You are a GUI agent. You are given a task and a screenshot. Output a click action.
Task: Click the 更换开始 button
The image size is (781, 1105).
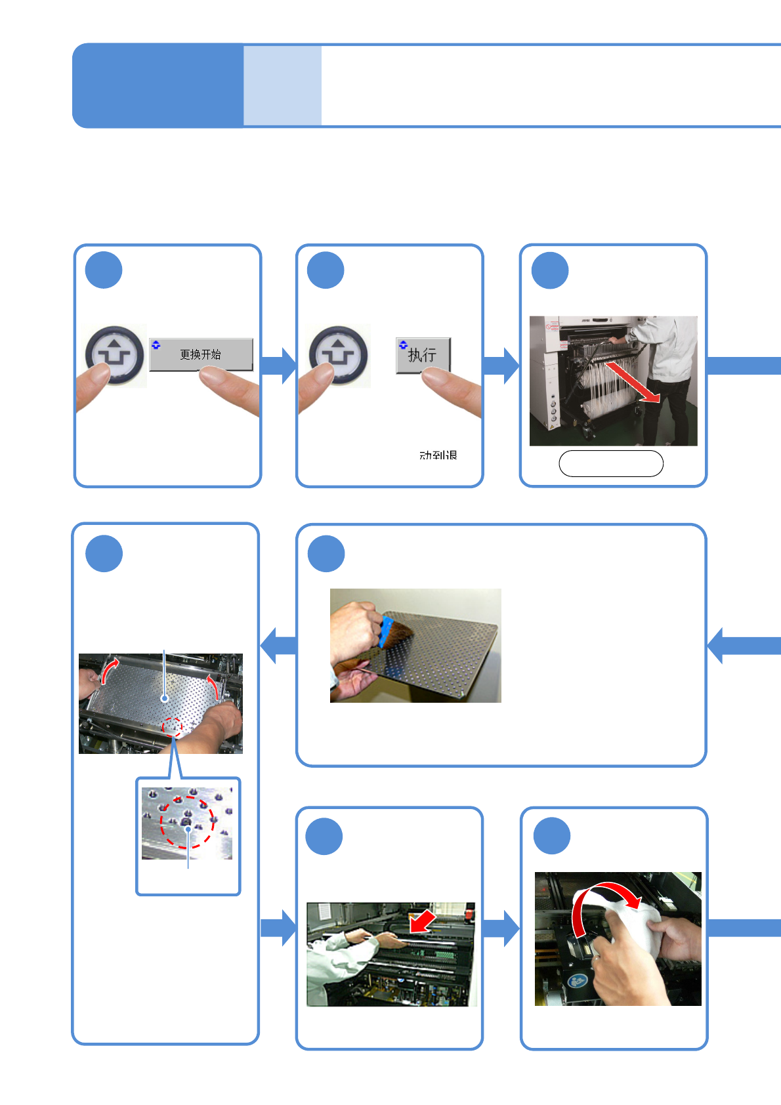point(201,354)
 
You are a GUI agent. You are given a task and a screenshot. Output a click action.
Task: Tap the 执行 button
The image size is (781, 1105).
point(423,355)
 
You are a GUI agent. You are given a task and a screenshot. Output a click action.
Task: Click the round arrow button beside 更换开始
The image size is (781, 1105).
point(115,354)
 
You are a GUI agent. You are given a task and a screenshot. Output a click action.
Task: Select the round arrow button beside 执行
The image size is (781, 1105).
point(339,354)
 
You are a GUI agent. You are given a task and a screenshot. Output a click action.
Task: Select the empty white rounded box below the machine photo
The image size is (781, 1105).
point(610,463)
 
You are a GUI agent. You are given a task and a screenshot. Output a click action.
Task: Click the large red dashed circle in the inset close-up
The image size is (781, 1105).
point(187,822)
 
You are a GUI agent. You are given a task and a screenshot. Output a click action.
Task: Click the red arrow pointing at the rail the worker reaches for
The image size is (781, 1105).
point(421,921)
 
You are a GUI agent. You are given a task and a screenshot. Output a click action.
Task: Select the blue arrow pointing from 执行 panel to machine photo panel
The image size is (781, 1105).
point(501,365)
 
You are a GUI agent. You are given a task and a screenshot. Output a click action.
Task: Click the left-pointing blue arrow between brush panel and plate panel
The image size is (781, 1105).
point(278,645)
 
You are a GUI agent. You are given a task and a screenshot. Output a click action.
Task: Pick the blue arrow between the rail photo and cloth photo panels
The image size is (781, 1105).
point(501,928)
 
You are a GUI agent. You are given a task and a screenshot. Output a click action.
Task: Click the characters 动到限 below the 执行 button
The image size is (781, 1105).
point(438,455)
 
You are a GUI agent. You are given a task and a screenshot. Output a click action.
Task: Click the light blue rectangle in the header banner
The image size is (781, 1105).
point(282,85)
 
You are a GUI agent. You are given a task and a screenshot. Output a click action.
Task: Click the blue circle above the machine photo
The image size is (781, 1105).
point(550,270)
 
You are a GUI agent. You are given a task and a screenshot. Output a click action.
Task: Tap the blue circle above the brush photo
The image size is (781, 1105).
point(326,554)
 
